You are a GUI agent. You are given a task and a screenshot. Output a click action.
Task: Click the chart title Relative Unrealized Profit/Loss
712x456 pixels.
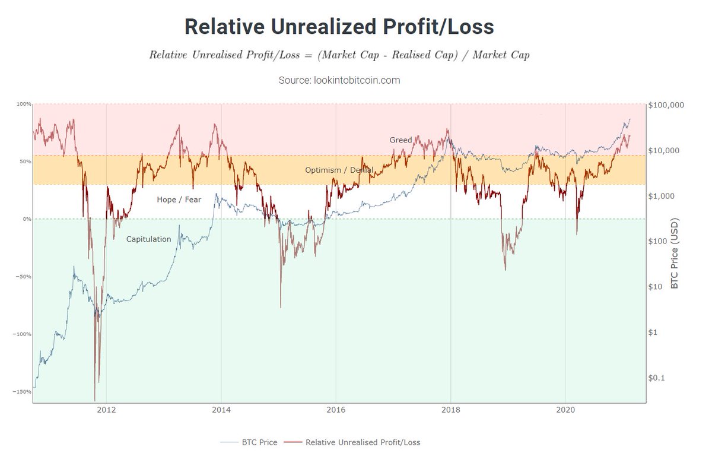coord(339,27)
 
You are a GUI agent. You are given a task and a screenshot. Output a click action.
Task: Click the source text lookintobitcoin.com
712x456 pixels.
coord(339,80)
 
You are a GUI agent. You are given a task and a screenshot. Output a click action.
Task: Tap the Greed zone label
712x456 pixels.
coord(401,140)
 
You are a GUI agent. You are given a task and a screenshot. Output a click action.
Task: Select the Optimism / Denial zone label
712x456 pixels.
coord(339,170)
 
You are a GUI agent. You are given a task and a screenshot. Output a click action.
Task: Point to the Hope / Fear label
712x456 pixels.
coord(179,199)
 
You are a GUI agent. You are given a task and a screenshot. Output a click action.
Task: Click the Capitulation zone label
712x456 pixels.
coord(148,239)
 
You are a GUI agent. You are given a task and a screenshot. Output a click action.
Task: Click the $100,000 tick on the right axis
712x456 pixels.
coord(667,105)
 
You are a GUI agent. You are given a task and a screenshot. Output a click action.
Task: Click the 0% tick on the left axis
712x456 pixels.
coord(27,219)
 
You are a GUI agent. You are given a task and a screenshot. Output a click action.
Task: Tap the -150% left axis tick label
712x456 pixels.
coord(23,392)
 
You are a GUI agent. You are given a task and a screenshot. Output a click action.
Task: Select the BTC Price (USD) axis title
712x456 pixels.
coord(674,254)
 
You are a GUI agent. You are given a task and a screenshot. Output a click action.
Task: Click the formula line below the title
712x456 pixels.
coord(339,55)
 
